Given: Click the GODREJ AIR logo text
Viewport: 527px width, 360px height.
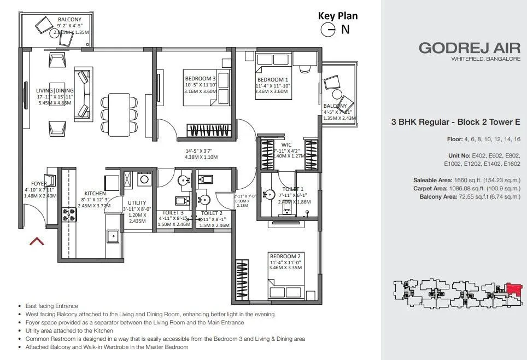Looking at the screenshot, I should point(469,48).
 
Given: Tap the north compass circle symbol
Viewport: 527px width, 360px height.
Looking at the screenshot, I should point(327,30).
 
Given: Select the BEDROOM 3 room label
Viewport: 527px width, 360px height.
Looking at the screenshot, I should point(201,79).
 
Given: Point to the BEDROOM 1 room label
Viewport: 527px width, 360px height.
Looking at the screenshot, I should point(271,79).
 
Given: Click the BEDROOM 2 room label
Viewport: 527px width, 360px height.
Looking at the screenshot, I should point(284,256).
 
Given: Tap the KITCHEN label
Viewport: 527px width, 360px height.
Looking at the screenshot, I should point(95,193).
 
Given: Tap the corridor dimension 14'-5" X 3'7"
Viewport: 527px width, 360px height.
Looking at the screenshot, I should point(202,150).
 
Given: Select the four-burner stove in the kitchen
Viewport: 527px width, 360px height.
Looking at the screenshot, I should point(69,214).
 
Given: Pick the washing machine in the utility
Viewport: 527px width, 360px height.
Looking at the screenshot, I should point(145,179).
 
